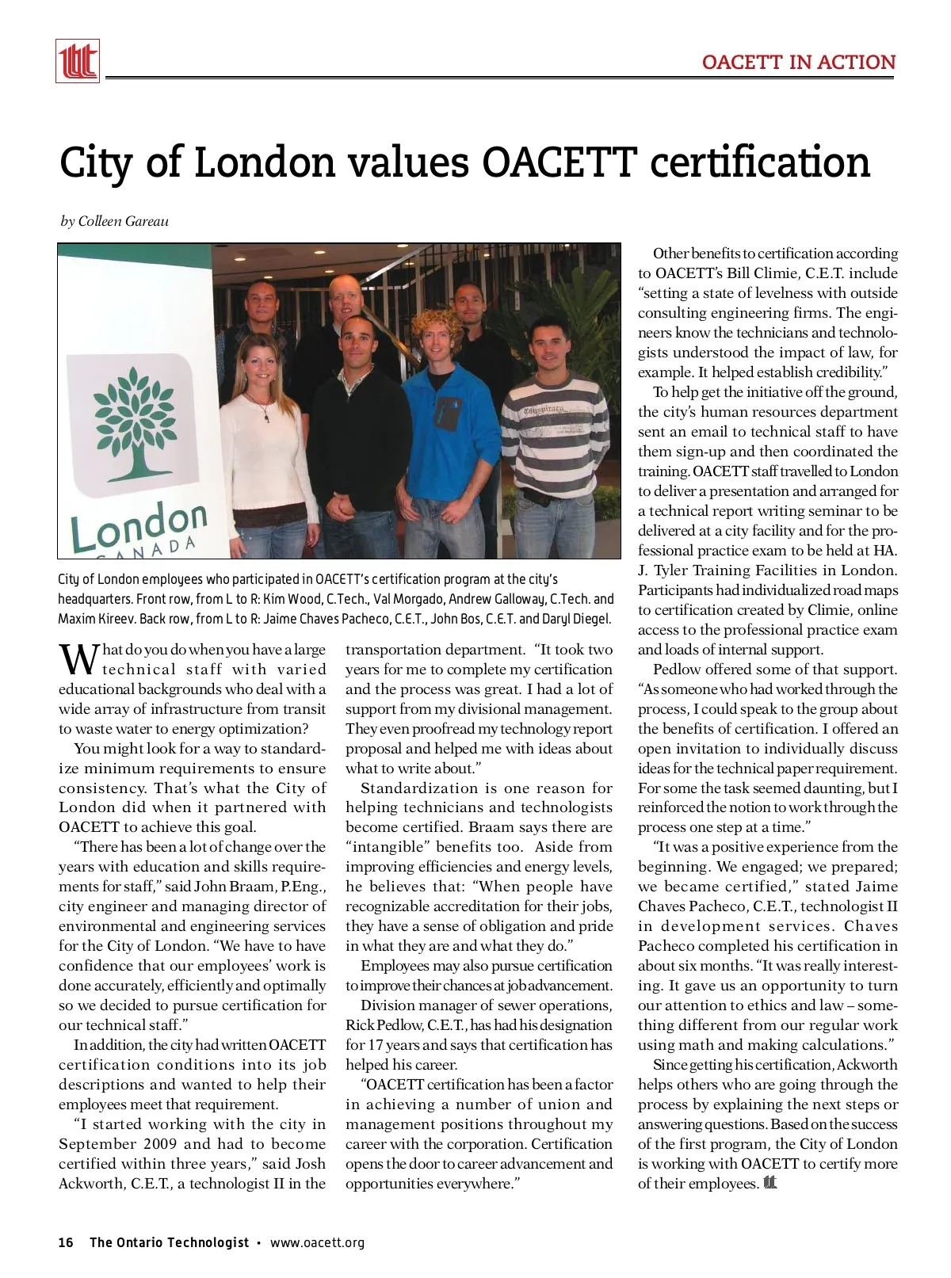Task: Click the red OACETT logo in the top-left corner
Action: click(78, 61)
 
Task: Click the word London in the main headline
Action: click(265, 162)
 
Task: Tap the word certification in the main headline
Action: click(760, 162)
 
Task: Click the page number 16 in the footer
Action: click(66, 1242)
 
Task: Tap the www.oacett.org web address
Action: click(317, 1242)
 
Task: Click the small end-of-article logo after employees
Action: click(770, 1183)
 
